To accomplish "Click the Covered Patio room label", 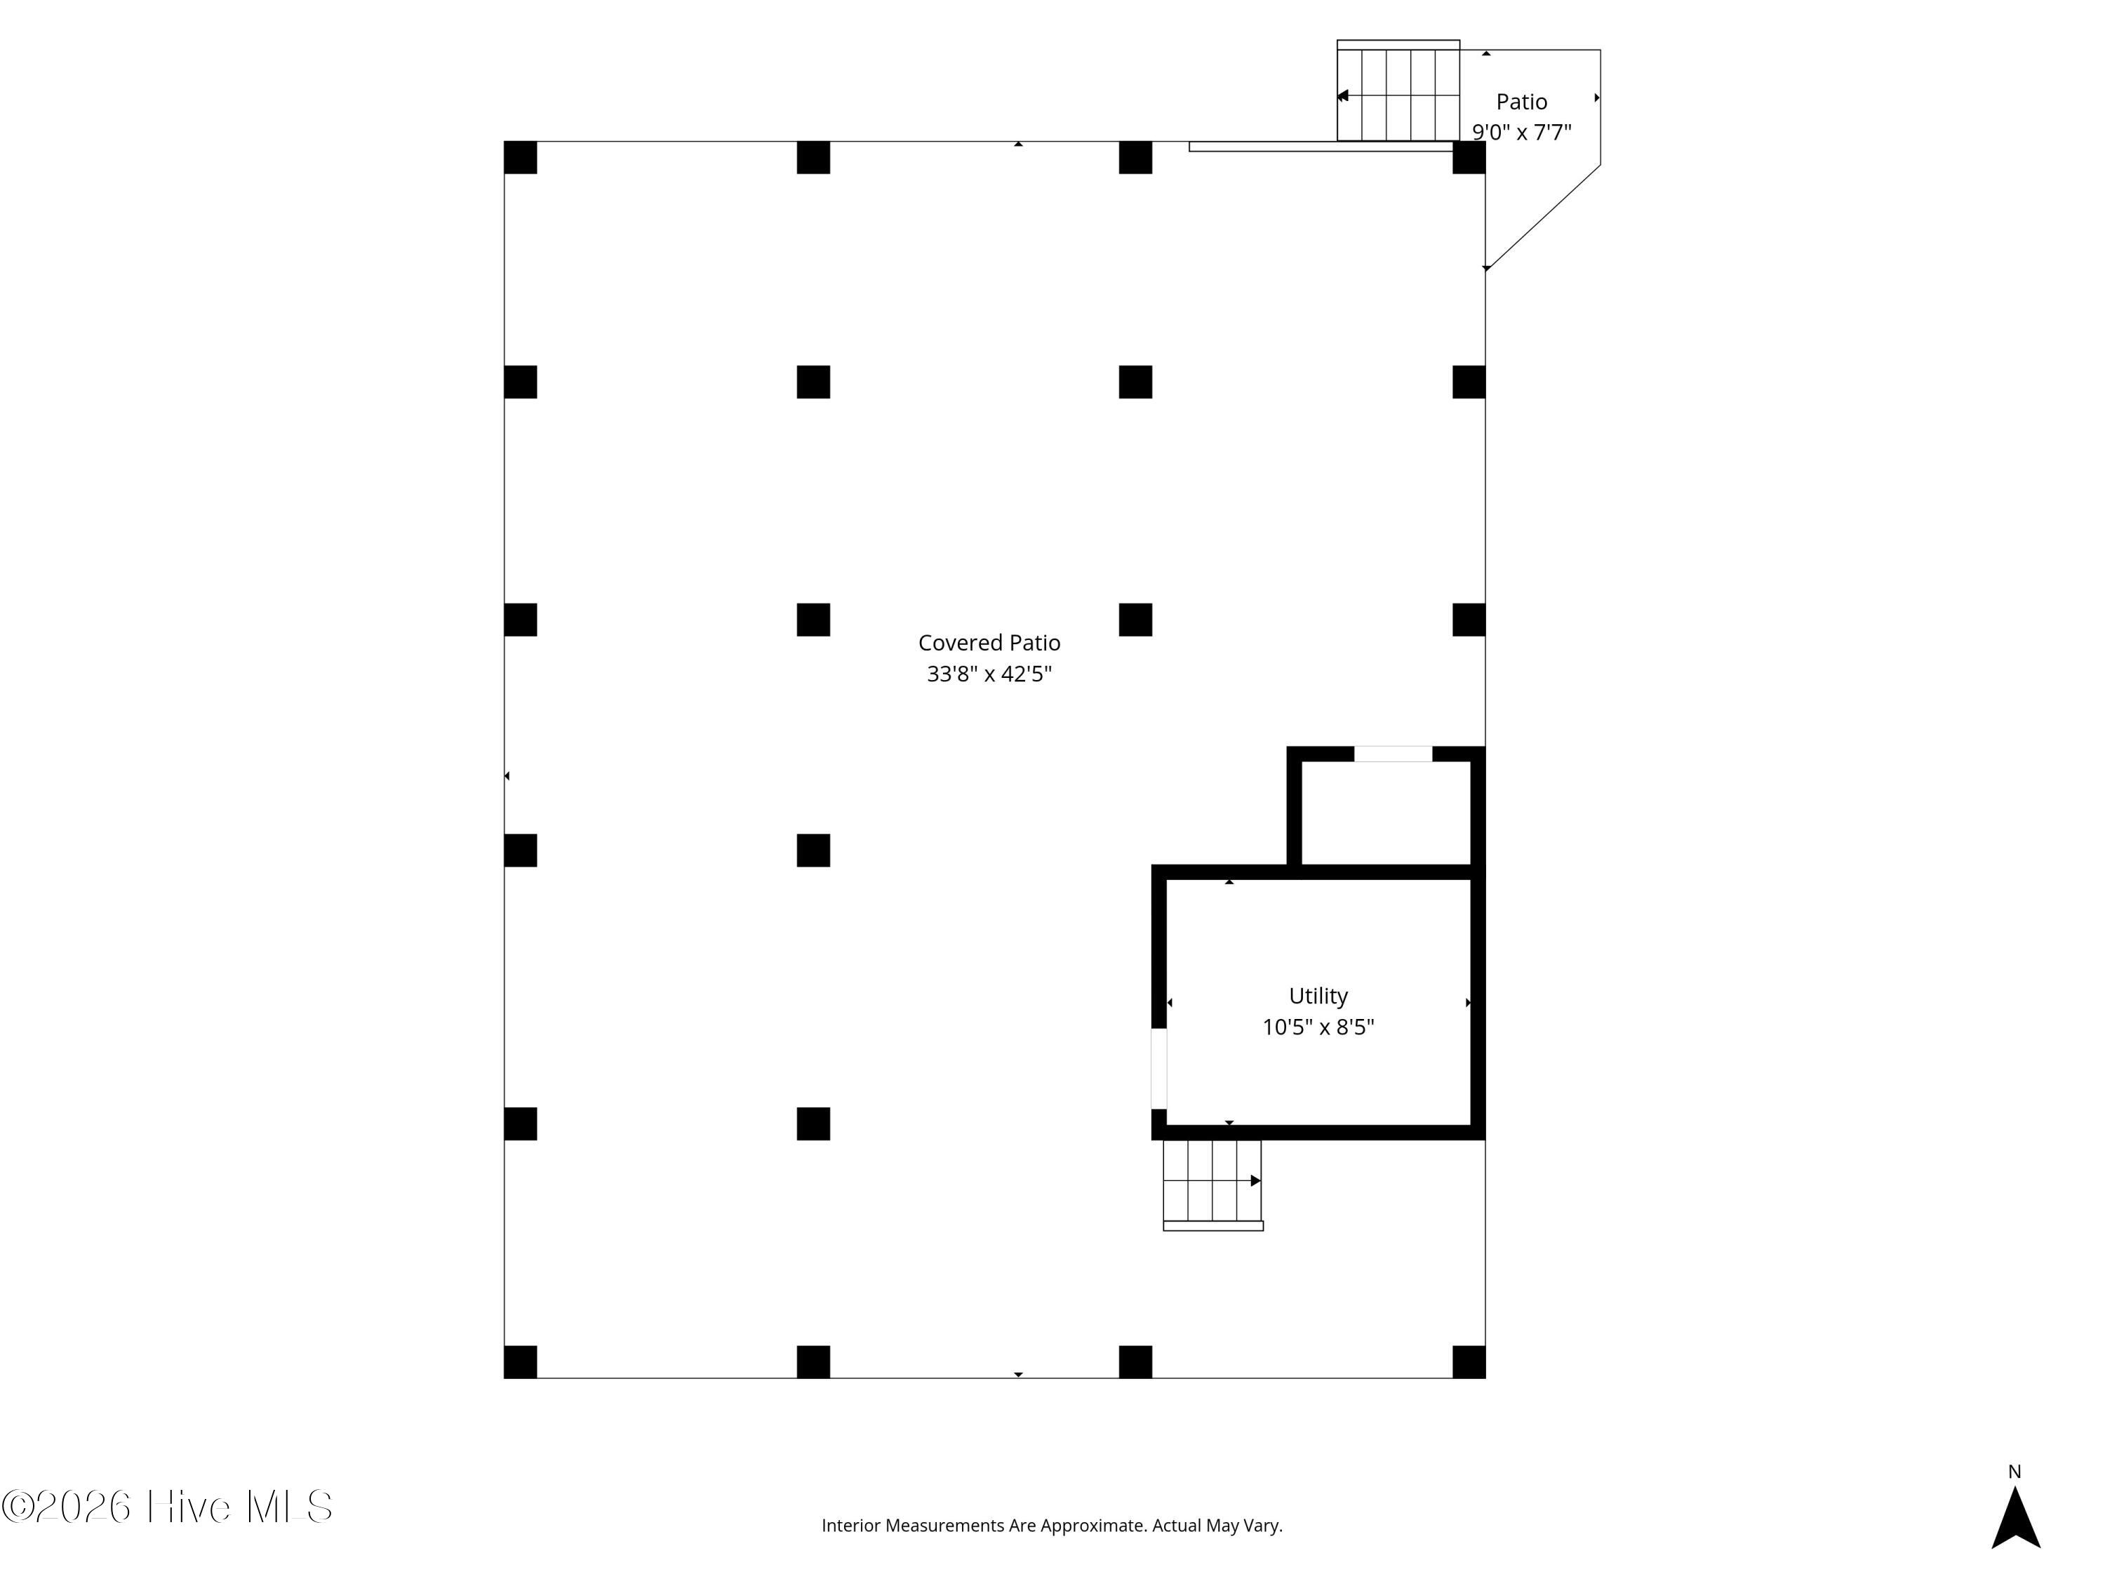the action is coord(989,644).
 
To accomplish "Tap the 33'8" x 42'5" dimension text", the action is coord(989,674).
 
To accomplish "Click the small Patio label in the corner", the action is coord(1522,101).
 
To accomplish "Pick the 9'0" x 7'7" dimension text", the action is coord(1522,133).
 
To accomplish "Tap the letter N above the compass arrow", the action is coord(2014,1472).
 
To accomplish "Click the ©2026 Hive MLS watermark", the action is coord(166,1507).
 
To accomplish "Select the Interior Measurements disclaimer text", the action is coord(1052,1526).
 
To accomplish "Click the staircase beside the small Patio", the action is coord(1398,91).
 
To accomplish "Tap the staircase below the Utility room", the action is coord(1212,1185).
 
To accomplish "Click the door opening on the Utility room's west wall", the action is coord(1159,1068).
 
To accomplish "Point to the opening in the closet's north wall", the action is coord(1394,754).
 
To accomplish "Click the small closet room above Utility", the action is coord(1386,813).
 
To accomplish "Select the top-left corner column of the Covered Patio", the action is coord(521,158).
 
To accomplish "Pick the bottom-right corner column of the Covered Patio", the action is coord(1469,1362).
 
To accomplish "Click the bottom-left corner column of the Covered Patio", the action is coord(521,1362).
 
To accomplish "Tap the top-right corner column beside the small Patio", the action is coord(1469,158).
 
